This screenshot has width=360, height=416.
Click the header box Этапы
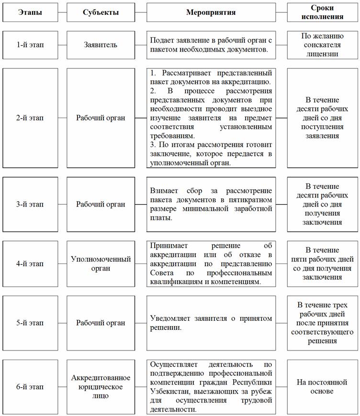pyautogui.click(x=30, y=12)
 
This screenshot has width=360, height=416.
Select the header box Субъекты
pyautogui.click(x=101, y=12)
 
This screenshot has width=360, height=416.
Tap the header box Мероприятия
pyautogui.click(x=211, y=12)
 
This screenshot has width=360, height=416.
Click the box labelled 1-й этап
pyautogui.click(x=30, y=45)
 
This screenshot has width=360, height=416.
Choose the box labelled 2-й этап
pyautogui.click(x=30, y=118)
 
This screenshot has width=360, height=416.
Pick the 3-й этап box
pyautogui.click(x=30, y=204)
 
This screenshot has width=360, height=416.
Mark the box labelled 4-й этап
pyautogui.click(x=30, y=263)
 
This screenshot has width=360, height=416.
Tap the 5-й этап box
pyautogui.click(x=30, y=323)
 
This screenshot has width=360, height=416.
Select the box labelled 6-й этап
pyautogui.click(x=30, y=387)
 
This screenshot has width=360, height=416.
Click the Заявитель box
pyautogui.click(x=101, y=45)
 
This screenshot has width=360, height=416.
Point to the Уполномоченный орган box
pyautogui.click(x=101, y=263)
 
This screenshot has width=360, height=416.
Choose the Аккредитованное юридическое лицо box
pyautogui.click(x=101, y=387)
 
